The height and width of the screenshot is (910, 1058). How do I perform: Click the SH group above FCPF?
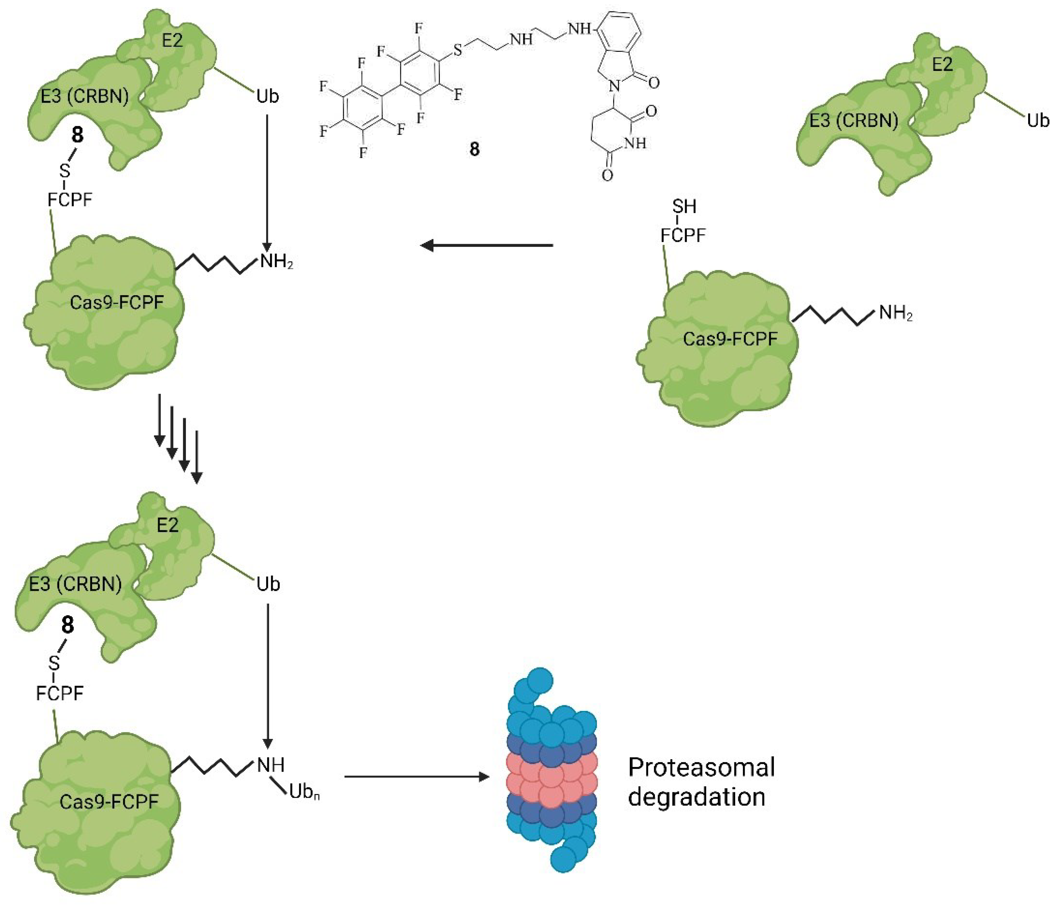684,207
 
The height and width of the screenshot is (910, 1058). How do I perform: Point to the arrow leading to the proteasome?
416,777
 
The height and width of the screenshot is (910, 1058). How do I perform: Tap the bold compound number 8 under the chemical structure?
474,149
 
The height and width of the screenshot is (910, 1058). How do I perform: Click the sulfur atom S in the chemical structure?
458,50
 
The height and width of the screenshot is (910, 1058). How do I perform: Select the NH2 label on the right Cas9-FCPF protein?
896,313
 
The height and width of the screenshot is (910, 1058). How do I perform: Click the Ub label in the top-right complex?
1037,121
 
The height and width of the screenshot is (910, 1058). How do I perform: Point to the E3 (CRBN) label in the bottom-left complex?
75,584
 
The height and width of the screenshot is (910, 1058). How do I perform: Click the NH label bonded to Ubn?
271,765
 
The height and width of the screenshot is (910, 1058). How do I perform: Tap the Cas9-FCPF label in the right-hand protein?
730,338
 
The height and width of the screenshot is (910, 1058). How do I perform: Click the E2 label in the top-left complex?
172,40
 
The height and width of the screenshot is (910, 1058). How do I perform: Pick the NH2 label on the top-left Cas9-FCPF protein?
276,262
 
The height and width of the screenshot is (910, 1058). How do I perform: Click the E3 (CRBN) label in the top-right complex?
854,121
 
